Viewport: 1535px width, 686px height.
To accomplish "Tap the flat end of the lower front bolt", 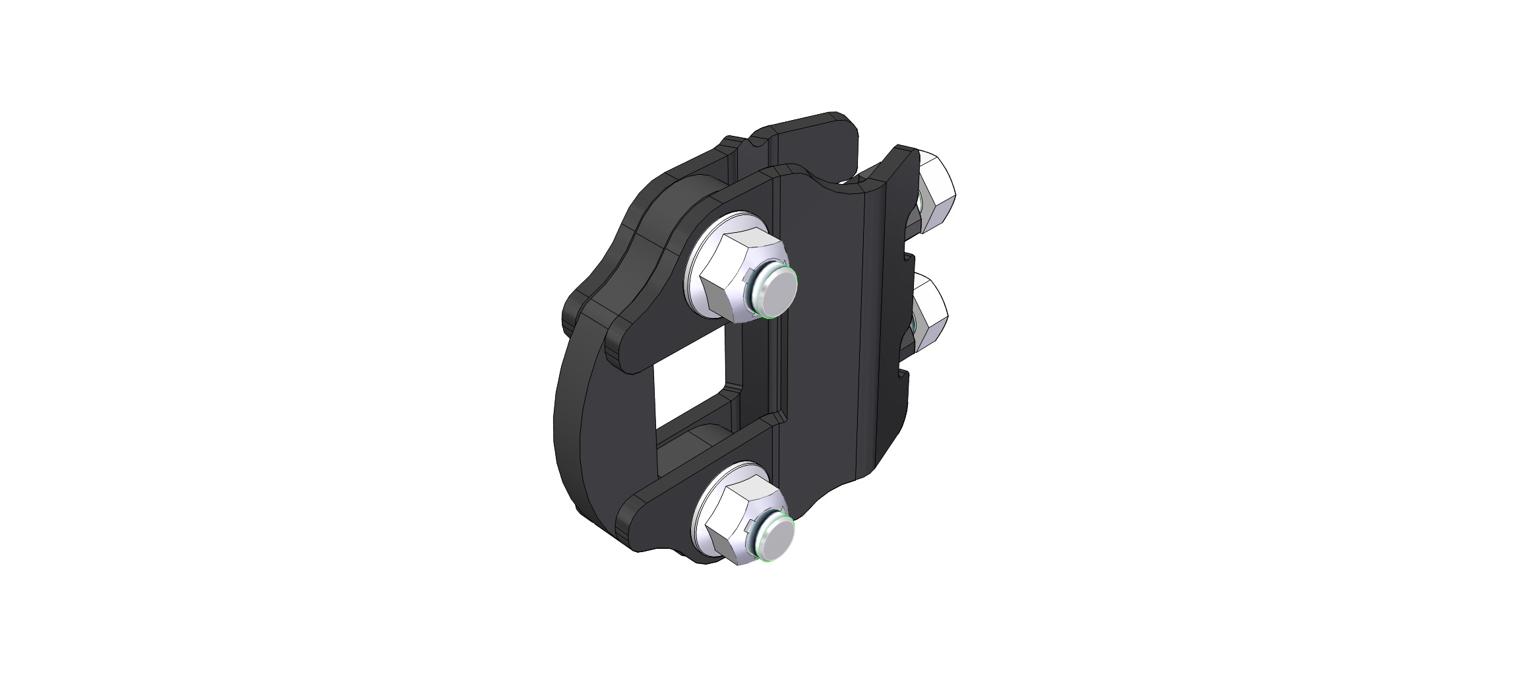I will click(x=774, y=542).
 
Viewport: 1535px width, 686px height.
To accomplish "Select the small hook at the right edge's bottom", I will click(x=903, y=379).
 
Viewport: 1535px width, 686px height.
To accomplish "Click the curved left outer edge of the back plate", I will click(x=567, y=422).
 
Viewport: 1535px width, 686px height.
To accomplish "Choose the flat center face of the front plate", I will click(x=821, y=330).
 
